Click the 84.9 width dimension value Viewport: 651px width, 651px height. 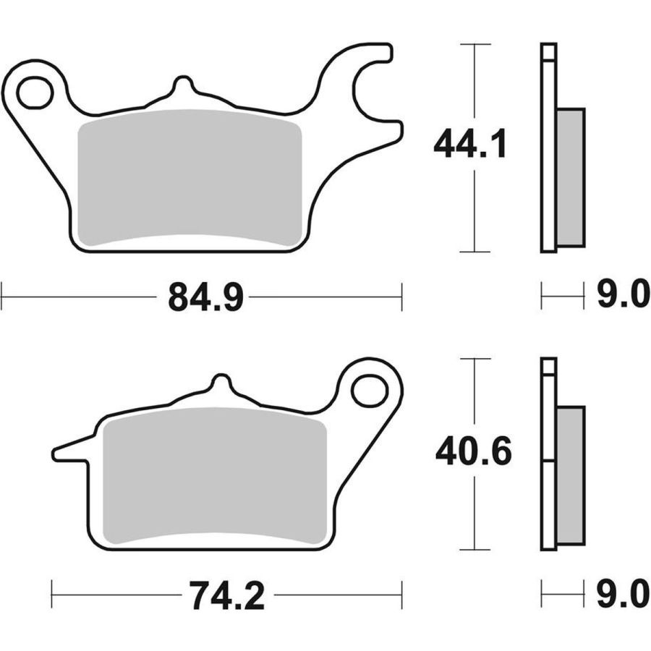205,297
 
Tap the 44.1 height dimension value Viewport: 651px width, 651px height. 469,144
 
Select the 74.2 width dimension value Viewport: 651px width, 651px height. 227,595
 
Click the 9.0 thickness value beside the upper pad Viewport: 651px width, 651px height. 623,294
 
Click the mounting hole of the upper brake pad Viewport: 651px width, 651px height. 35,92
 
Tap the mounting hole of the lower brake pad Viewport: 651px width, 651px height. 369,391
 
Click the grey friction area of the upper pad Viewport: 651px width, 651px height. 190,177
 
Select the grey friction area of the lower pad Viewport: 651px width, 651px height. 215,476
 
